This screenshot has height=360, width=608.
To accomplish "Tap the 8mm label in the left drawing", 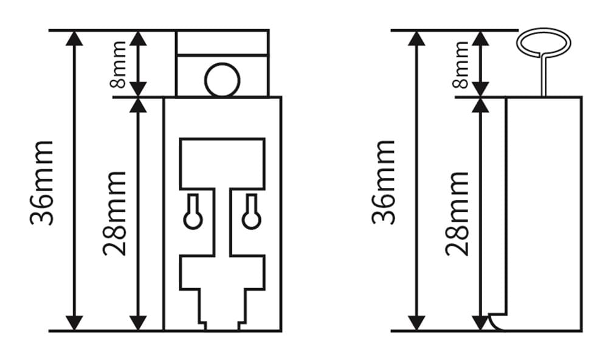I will pyautogui.click(x=119, y=64).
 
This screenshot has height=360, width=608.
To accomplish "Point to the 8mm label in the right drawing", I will pyautogui.click(x=461, y=64).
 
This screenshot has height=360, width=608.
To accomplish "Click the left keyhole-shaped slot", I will pyautogui.click(x=193, y=213).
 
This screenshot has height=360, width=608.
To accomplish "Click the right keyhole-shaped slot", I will pyautogui.click(x=251, y=213).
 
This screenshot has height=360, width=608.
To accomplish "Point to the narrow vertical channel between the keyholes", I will pyautogui.click(x=222, y=222).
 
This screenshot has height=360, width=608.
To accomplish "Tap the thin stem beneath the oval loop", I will pyautogui.click(x=544, y=76).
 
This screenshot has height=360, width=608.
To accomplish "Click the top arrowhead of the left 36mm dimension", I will pyautogui.click(x=74, y=38).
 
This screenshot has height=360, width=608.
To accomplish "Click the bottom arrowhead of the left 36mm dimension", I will pyautogui.click(x=74, y=322).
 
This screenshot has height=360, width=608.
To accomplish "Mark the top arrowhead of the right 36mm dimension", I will pyautogui.click(x=416, y=38).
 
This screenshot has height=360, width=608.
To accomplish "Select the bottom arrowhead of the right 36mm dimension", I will pyautogui.click(x=416, y=322).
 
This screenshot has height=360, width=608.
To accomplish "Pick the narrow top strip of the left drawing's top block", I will pyautogui.click(x=222, y=43).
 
